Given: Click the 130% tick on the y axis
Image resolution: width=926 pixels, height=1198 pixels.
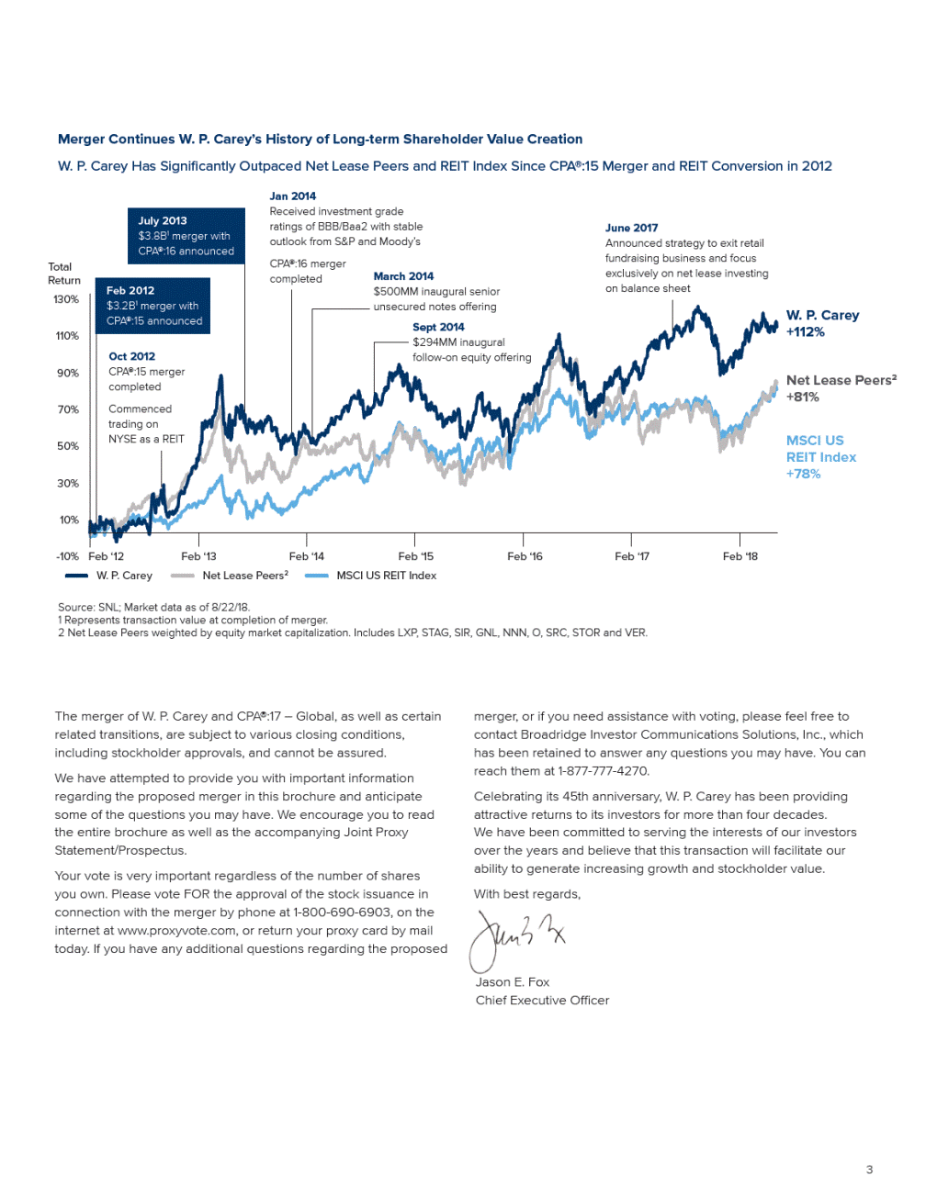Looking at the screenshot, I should [66, 299].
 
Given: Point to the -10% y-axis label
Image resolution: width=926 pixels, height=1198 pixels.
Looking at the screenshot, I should [67, 556].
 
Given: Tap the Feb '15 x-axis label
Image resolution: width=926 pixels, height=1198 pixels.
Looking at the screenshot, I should [415, 556].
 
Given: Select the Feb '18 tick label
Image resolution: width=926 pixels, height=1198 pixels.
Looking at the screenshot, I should [740, 556].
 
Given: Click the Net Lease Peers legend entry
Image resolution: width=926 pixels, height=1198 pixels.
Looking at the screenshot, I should [244, 576].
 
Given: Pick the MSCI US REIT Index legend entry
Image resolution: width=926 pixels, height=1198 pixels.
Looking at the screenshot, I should [386, 576].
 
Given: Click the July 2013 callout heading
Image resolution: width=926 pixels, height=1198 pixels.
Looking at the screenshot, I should [163, 221].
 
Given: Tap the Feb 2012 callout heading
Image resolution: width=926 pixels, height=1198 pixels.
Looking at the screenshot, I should [130, 291].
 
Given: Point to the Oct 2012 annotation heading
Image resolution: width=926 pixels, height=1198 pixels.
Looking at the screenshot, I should [131, 356].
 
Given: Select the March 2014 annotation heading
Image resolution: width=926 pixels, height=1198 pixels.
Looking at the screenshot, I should [403, 276].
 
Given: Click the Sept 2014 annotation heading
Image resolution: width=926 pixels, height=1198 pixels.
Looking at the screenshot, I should [438, 327].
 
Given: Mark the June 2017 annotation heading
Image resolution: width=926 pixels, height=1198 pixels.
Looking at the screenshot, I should [631, 228].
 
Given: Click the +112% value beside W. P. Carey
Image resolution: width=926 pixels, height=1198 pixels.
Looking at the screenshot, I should [805, 332].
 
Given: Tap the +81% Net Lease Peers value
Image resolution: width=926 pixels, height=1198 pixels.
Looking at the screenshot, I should [802, 397].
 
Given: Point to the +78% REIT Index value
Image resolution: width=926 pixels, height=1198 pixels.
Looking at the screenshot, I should [803, 474].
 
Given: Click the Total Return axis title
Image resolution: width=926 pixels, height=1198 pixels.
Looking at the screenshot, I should [64, 274].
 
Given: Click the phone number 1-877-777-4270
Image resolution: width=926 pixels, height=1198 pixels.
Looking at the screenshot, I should [603, 771].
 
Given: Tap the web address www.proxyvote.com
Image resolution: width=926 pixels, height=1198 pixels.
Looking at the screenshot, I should [176, 931].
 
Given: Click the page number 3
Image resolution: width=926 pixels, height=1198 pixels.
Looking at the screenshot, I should [869, 1170].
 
